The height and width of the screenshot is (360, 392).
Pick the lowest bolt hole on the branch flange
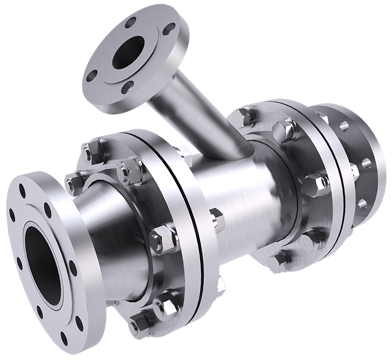(x=128, y=86)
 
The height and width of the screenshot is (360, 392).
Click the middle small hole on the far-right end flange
(x=366, y=163)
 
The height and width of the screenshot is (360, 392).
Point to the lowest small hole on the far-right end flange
(x=363, y=202)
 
